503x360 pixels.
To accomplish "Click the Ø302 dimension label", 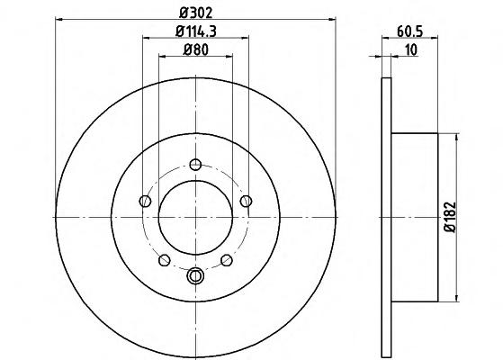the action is tap(195, 13).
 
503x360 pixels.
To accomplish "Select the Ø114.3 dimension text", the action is tap(196, 31).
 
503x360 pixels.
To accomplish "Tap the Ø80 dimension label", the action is tap(195, 49).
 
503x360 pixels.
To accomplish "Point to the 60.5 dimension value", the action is tap(410, 31).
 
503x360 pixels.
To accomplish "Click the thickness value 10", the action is tap(411, 50).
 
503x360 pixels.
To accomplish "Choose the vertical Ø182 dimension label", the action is tap(450, 217).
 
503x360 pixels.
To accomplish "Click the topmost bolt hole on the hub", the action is tap(195, 165).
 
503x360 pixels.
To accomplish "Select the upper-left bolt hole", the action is tap(145, 202).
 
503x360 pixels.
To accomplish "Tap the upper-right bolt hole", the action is tap(246, 202).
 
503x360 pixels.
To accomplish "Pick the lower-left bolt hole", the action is tap(165, 260).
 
